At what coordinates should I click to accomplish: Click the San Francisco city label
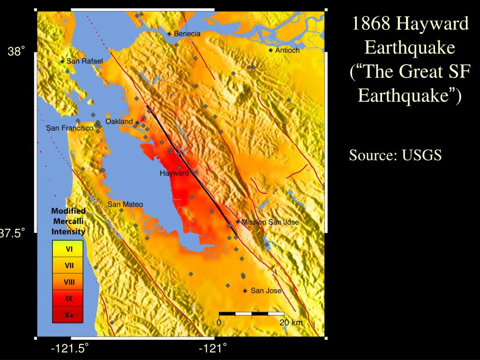(x=70, y=128)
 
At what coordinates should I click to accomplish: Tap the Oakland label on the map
(x=119, y=121)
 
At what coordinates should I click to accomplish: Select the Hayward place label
(x=174, y=173)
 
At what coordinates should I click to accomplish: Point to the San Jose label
(x=266, y=291)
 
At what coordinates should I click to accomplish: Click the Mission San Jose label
(x=270, y=222)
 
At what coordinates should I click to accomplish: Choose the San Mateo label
(x=125, y=204)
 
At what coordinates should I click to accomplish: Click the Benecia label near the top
(x=187, y=34)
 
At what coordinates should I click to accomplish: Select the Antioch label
(x=287, y=50)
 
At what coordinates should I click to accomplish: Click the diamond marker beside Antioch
(x=271, y=50)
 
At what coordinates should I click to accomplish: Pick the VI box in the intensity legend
(x=68, y=249)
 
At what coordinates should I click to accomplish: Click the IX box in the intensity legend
(x=68, y=298)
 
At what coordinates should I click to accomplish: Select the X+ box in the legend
(x=68, y=315)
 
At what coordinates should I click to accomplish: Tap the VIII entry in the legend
(x=68, y=282)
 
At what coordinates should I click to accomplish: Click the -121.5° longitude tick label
(x=70, y=348)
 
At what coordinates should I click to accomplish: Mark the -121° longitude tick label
(x=213, y=348)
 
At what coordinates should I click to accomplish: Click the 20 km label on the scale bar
(x=291, y=322)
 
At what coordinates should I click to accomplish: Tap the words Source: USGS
(x=395, y=156)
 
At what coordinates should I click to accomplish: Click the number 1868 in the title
(x=371, y=23)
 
